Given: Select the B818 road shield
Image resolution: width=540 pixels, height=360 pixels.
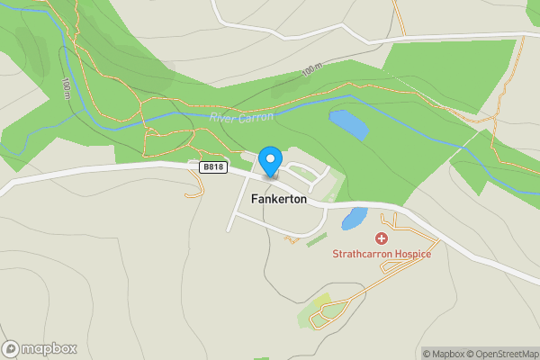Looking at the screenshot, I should [x=212, y=166].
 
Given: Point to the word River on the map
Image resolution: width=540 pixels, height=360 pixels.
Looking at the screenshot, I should [x=222, y=118].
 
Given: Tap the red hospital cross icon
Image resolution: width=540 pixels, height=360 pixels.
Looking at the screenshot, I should [x=381, y=238].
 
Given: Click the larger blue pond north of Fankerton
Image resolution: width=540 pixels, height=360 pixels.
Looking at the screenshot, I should [x=348, y=124].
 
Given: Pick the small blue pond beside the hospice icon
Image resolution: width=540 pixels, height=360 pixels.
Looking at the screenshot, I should [x=354, y=219].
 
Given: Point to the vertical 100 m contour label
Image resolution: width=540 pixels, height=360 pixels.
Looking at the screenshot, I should [x=67, y=86].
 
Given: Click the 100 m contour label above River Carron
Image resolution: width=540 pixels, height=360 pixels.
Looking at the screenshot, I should [x=311, y=69].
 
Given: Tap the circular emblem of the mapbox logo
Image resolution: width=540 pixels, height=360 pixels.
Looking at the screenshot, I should [x=12, y=348].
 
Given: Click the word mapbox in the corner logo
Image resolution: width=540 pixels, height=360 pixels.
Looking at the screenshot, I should [x=49, y=348].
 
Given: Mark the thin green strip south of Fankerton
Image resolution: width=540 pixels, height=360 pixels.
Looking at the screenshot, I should [x=316, y=240].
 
